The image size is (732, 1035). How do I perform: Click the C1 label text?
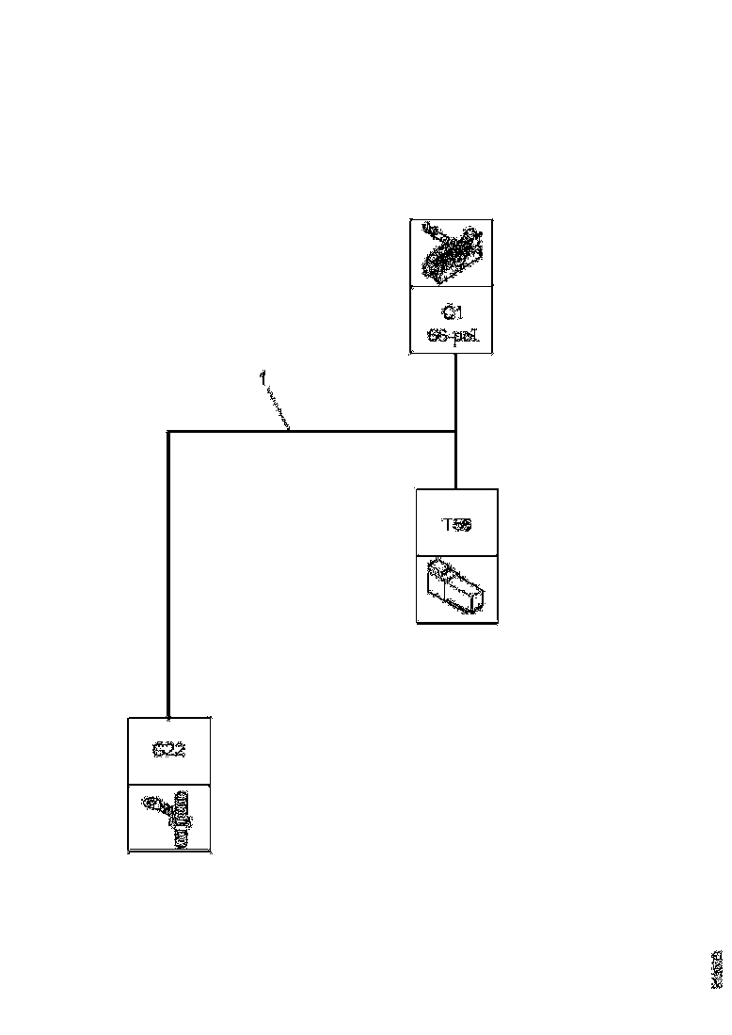(452, 312)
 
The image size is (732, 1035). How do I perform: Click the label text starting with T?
(457, 525)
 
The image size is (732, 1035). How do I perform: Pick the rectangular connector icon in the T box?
(456, 588)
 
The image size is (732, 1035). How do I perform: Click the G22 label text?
(168, 751)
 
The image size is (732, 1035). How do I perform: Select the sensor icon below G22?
(170, 818)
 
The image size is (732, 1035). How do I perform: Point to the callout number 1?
(262, 378)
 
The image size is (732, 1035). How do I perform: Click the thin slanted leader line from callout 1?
(277, 407)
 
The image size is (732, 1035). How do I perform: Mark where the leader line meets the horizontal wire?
(289, 431)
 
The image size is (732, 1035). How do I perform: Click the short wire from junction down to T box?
(456, 461)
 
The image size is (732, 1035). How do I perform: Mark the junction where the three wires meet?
(456, 432)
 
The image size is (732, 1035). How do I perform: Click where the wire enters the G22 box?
(168, 717)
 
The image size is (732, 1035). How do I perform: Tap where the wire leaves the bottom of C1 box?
(456, 356)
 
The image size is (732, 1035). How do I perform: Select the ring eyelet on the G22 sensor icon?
(151, 804)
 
